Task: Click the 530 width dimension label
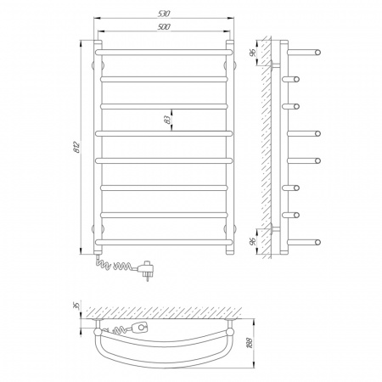[164, 14]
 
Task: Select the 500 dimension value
[164, 27]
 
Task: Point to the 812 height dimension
[76, 147]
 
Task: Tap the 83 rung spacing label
[168, 120]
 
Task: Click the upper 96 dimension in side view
[253, 52]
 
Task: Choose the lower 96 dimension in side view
[253, 241]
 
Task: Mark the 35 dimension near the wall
[75, 305]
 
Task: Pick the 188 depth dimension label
[250, 343]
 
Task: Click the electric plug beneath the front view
[146, 269]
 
